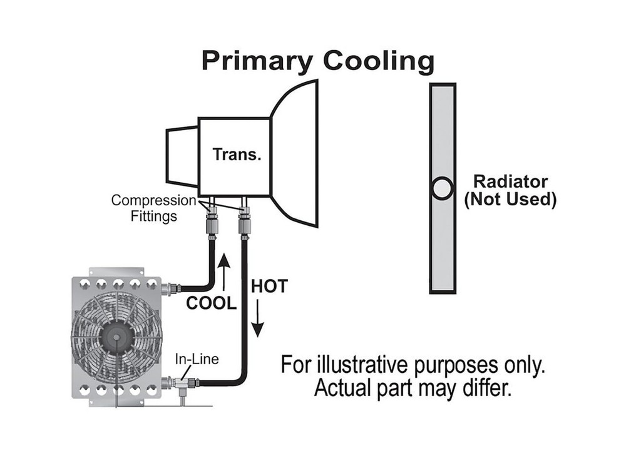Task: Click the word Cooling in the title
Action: [x=378, y=62]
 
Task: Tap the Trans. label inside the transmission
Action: [x=237, y=154]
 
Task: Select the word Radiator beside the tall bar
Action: [x=510, y=182]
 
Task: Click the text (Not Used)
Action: [x=510, y=200]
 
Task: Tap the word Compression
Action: [x=153, y=201]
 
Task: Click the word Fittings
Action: [x=153, y=216]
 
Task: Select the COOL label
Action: [x=212, y=304]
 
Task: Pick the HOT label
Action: [x=269, y=287]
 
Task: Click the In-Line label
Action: [x=195, y=360]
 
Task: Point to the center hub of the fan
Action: [x=116, y=337]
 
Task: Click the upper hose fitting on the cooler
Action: [x=169, y=289]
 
